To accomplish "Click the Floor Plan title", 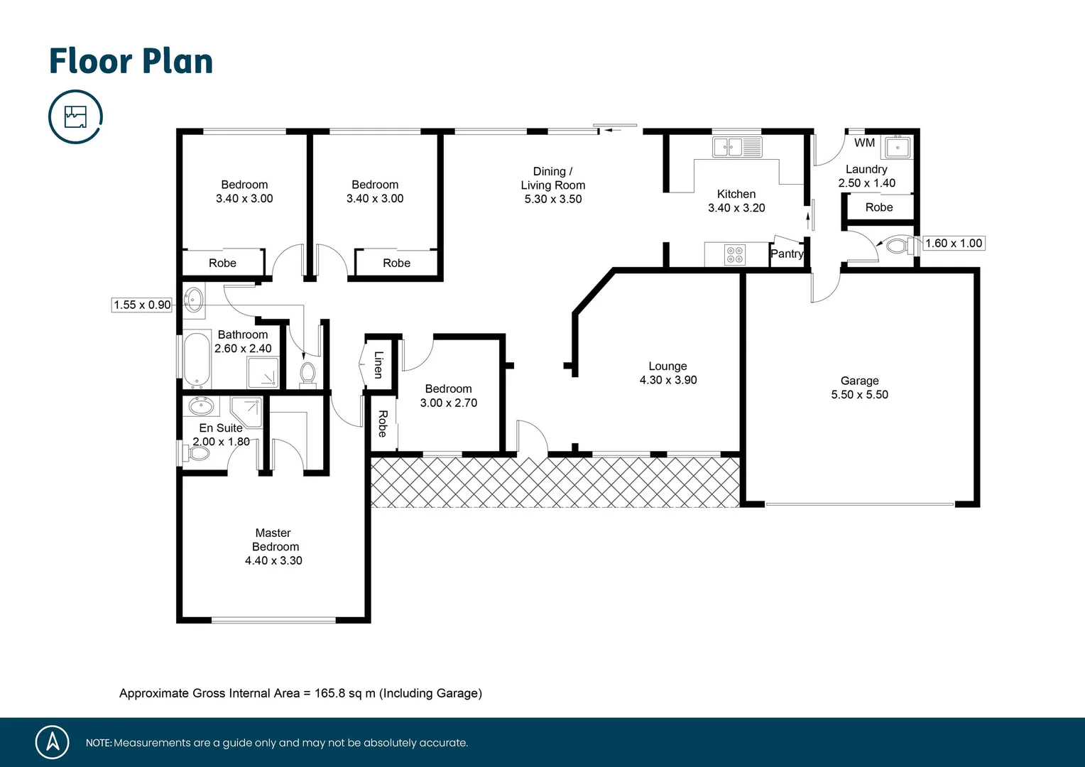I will click(x=131, y=61).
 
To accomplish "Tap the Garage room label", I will click(x=859, y=381).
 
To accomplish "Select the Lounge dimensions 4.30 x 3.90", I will click(x=667, y=380).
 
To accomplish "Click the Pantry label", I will click(x=787, y=254).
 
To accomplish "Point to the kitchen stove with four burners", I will click(x=735, y=254).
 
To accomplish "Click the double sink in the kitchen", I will click(x=737, y=147).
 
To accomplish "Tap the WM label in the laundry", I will click(x=864, y=143).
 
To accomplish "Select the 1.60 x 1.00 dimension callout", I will click(x=954, y=243).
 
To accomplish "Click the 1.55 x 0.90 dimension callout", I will click(x=142, y=305).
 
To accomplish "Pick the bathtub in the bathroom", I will click(x=197, y=360).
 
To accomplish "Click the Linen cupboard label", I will click(x=378, y=364).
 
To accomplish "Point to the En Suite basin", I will click(x=202, y=406).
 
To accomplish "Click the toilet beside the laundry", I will click(x=898, y=246).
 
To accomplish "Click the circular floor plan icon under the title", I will click(x=75, y=116).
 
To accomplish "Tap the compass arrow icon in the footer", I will click(x=53, y=742).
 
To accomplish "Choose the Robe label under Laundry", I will click(x=878, y=207).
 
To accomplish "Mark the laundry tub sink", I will click(x=898, y=148).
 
